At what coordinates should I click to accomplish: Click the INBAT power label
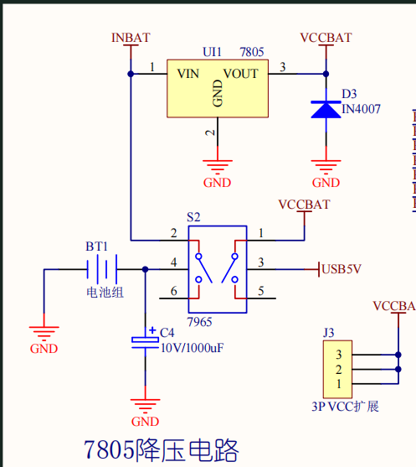click(x=131, y=38)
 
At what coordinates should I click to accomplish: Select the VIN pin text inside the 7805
click(x=188, y=74)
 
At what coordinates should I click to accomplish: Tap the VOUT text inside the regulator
click(x=241, y=74)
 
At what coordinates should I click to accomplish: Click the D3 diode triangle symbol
click(x=326, y=110)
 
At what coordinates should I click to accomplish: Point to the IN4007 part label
click(x=361, y=109)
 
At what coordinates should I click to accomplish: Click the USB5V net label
click(x=342, y=269)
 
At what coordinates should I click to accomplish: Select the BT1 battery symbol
click(x=102, y=269)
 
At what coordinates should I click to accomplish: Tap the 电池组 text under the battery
click(x=105, y=292)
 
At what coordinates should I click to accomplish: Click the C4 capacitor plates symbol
click(x=145, y=343)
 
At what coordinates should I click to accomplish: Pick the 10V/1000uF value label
click(x=192, y=348)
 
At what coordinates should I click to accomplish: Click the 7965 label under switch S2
click(x=199, y=322)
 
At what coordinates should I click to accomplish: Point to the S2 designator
click(x=193, y=217)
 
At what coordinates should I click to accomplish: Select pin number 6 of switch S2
click(x=174, y=291)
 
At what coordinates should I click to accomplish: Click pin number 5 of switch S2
click(x=261, y=291)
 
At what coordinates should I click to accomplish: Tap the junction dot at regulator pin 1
click(x=131, y=74)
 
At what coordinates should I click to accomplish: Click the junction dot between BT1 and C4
click(x=145, y=269)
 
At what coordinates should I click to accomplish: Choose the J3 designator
click(x=329, y=333)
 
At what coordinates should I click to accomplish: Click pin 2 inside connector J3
click(x=338, y=370)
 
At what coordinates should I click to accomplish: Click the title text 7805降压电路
click(x=162, y=450)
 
